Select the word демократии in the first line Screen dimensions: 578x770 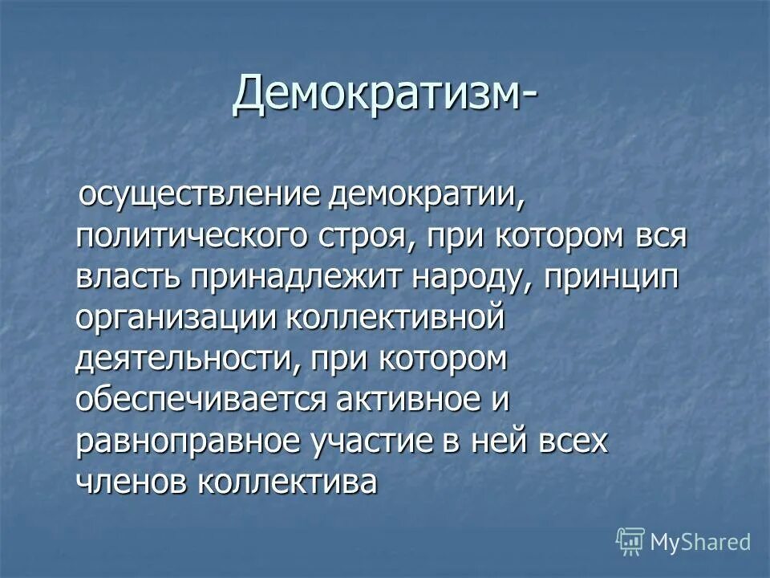point(426,196)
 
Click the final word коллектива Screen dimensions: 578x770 point(288,482)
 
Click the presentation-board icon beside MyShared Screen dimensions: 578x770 point(630,541)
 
